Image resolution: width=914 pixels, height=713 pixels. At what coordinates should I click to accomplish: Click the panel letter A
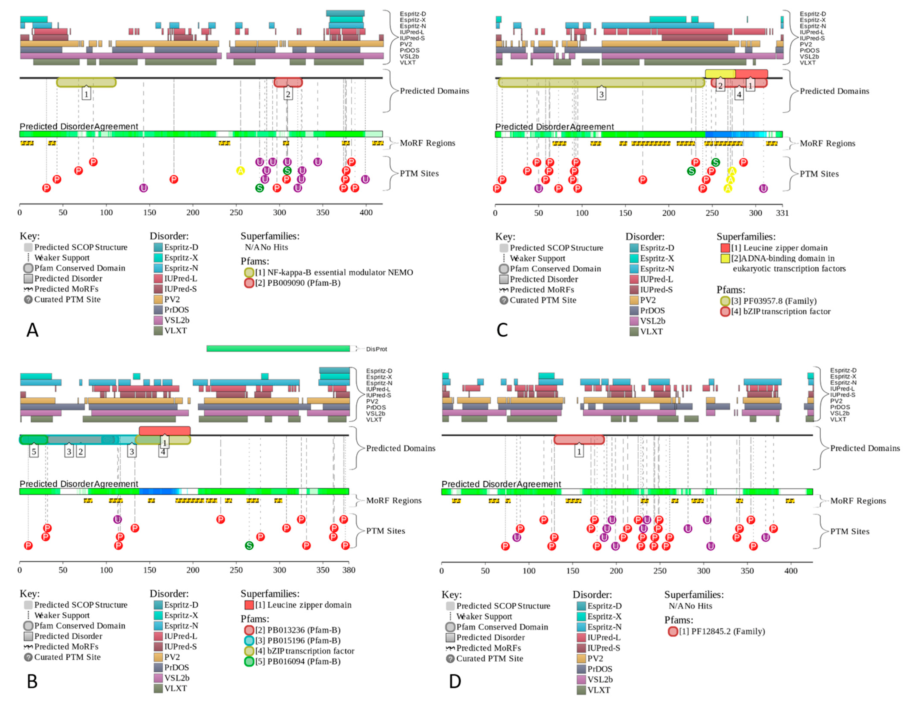click(x=32, y=330)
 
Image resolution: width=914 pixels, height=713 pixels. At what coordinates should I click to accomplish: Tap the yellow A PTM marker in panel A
click(x=240, y=171)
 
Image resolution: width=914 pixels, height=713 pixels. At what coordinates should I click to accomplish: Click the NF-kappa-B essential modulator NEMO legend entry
click(x=334, y=272)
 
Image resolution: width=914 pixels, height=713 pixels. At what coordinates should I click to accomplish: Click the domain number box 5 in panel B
click(x=34, y=452)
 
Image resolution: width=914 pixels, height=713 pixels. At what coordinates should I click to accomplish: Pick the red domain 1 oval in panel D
click(x=579, y=439)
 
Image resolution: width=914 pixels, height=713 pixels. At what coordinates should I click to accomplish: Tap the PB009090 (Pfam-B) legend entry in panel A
click(x=297, y=283)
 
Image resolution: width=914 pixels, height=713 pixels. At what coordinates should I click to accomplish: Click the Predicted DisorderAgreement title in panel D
click(x=501, y=484)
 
